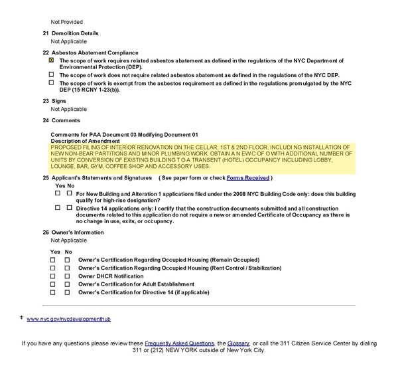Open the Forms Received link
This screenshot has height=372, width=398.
[x=248, y=178]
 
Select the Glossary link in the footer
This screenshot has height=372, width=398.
[x=238, y=343]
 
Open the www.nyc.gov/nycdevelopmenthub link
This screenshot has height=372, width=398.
[x=68, y=320]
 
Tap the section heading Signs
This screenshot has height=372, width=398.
[x=59, y=101]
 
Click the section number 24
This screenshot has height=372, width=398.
[x=46, y=120]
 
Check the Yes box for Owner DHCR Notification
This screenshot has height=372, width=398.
[x=53, y=276]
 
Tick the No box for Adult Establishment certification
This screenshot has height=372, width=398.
[x=67, y=284]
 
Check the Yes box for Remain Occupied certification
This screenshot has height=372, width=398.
[x=53, y=259]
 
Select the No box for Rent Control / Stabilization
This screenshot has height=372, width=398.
[x=67, y=267]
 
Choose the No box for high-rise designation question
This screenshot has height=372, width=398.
[x=69, y=193]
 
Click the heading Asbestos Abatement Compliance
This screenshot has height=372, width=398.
[x=95, y=52]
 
